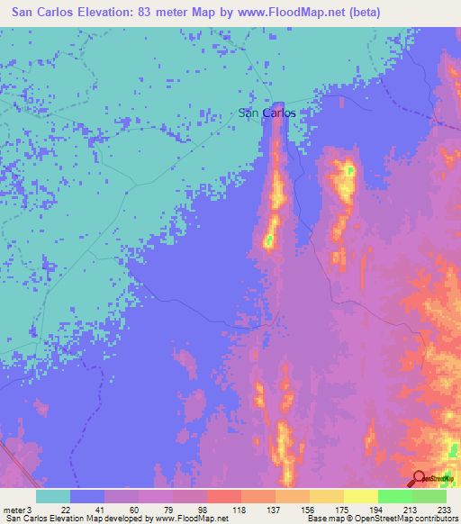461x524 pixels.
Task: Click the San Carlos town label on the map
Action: (x=267, y=113)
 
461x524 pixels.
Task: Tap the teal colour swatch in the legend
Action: (x=53, y=496)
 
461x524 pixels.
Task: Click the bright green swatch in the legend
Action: (x=395, y=496)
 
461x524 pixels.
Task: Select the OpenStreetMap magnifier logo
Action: (x=419, y=478)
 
